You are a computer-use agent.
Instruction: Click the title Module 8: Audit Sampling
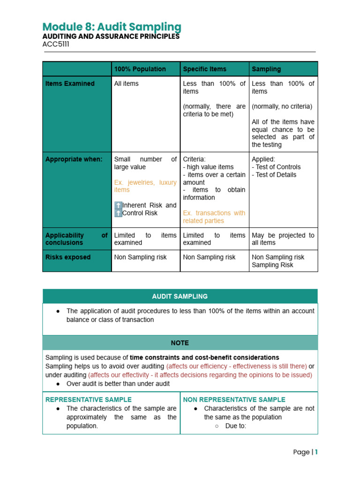point(112,27)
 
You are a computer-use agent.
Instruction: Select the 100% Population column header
point(140,69)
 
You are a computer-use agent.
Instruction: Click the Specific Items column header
point(204,69)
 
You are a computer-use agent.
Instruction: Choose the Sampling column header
point(266,69)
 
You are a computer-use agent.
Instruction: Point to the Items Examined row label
point(70,83)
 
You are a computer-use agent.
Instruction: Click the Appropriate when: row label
point(74,159)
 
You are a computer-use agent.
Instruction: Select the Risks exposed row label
point(68,257)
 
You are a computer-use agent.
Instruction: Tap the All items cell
point(126,83)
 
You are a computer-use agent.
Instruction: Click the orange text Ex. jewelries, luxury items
point(145,186)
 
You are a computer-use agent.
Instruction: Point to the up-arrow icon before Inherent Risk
point(118,205)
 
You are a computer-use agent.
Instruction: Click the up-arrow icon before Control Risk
point(118,213)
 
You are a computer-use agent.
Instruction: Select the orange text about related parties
point(214,217)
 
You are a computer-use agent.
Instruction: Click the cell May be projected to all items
point(283,239)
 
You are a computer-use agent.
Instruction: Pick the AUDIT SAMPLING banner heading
point(180,296)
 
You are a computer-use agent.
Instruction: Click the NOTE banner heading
point(180,343)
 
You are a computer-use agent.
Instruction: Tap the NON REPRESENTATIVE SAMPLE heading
point(234,399)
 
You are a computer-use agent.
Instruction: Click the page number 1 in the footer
point(316,452)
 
